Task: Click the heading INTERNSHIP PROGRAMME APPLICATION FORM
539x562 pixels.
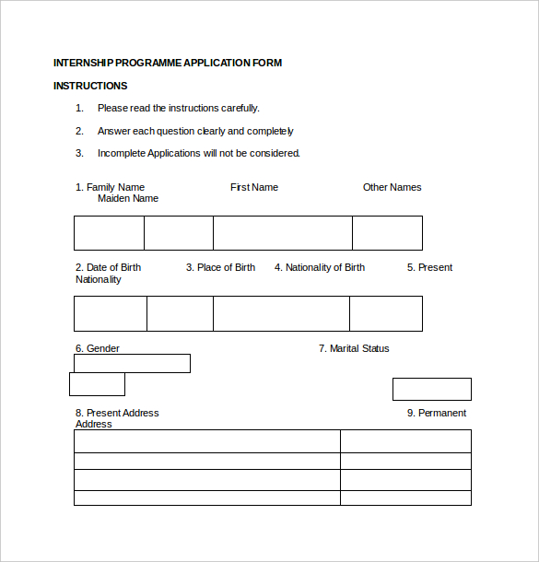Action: [168, 63]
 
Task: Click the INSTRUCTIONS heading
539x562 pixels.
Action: [90, 86]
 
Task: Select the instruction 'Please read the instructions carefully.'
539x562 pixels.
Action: [179, 108]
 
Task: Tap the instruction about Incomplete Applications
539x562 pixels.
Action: [199, 153]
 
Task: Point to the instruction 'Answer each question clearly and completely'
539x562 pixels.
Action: [195, 131]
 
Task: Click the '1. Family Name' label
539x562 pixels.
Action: [110, 187]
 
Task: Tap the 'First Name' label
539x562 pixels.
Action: [254, 187]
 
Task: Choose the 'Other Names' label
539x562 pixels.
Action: [392, 187]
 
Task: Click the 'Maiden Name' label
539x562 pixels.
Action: [128, 198]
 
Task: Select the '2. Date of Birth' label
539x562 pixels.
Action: [109, 267]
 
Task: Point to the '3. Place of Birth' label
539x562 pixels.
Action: [220, 267]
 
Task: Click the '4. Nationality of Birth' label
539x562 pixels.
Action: [320, 267]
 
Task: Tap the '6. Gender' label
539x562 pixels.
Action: [98, 348]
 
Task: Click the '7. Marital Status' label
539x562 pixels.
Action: [354, 348]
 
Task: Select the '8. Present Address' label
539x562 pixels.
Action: [117, 413]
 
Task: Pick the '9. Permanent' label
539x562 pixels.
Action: [437, 413]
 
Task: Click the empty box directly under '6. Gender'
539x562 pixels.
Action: [132, 363]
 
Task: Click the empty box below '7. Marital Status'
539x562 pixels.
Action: [431, 389]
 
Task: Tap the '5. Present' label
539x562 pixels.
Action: [429, 267]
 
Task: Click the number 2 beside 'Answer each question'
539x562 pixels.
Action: [79, 131]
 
